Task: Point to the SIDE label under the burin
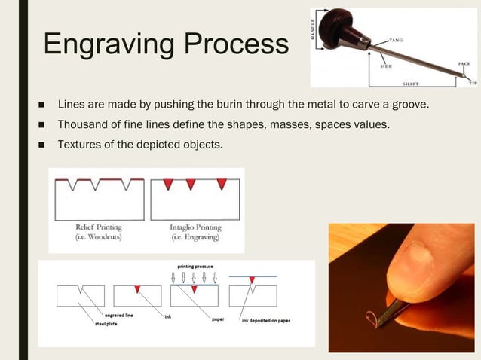384,66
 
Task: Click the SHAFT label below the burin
411,84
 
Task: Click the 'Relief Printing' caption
99,227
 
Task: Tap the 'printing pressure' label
194,267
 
